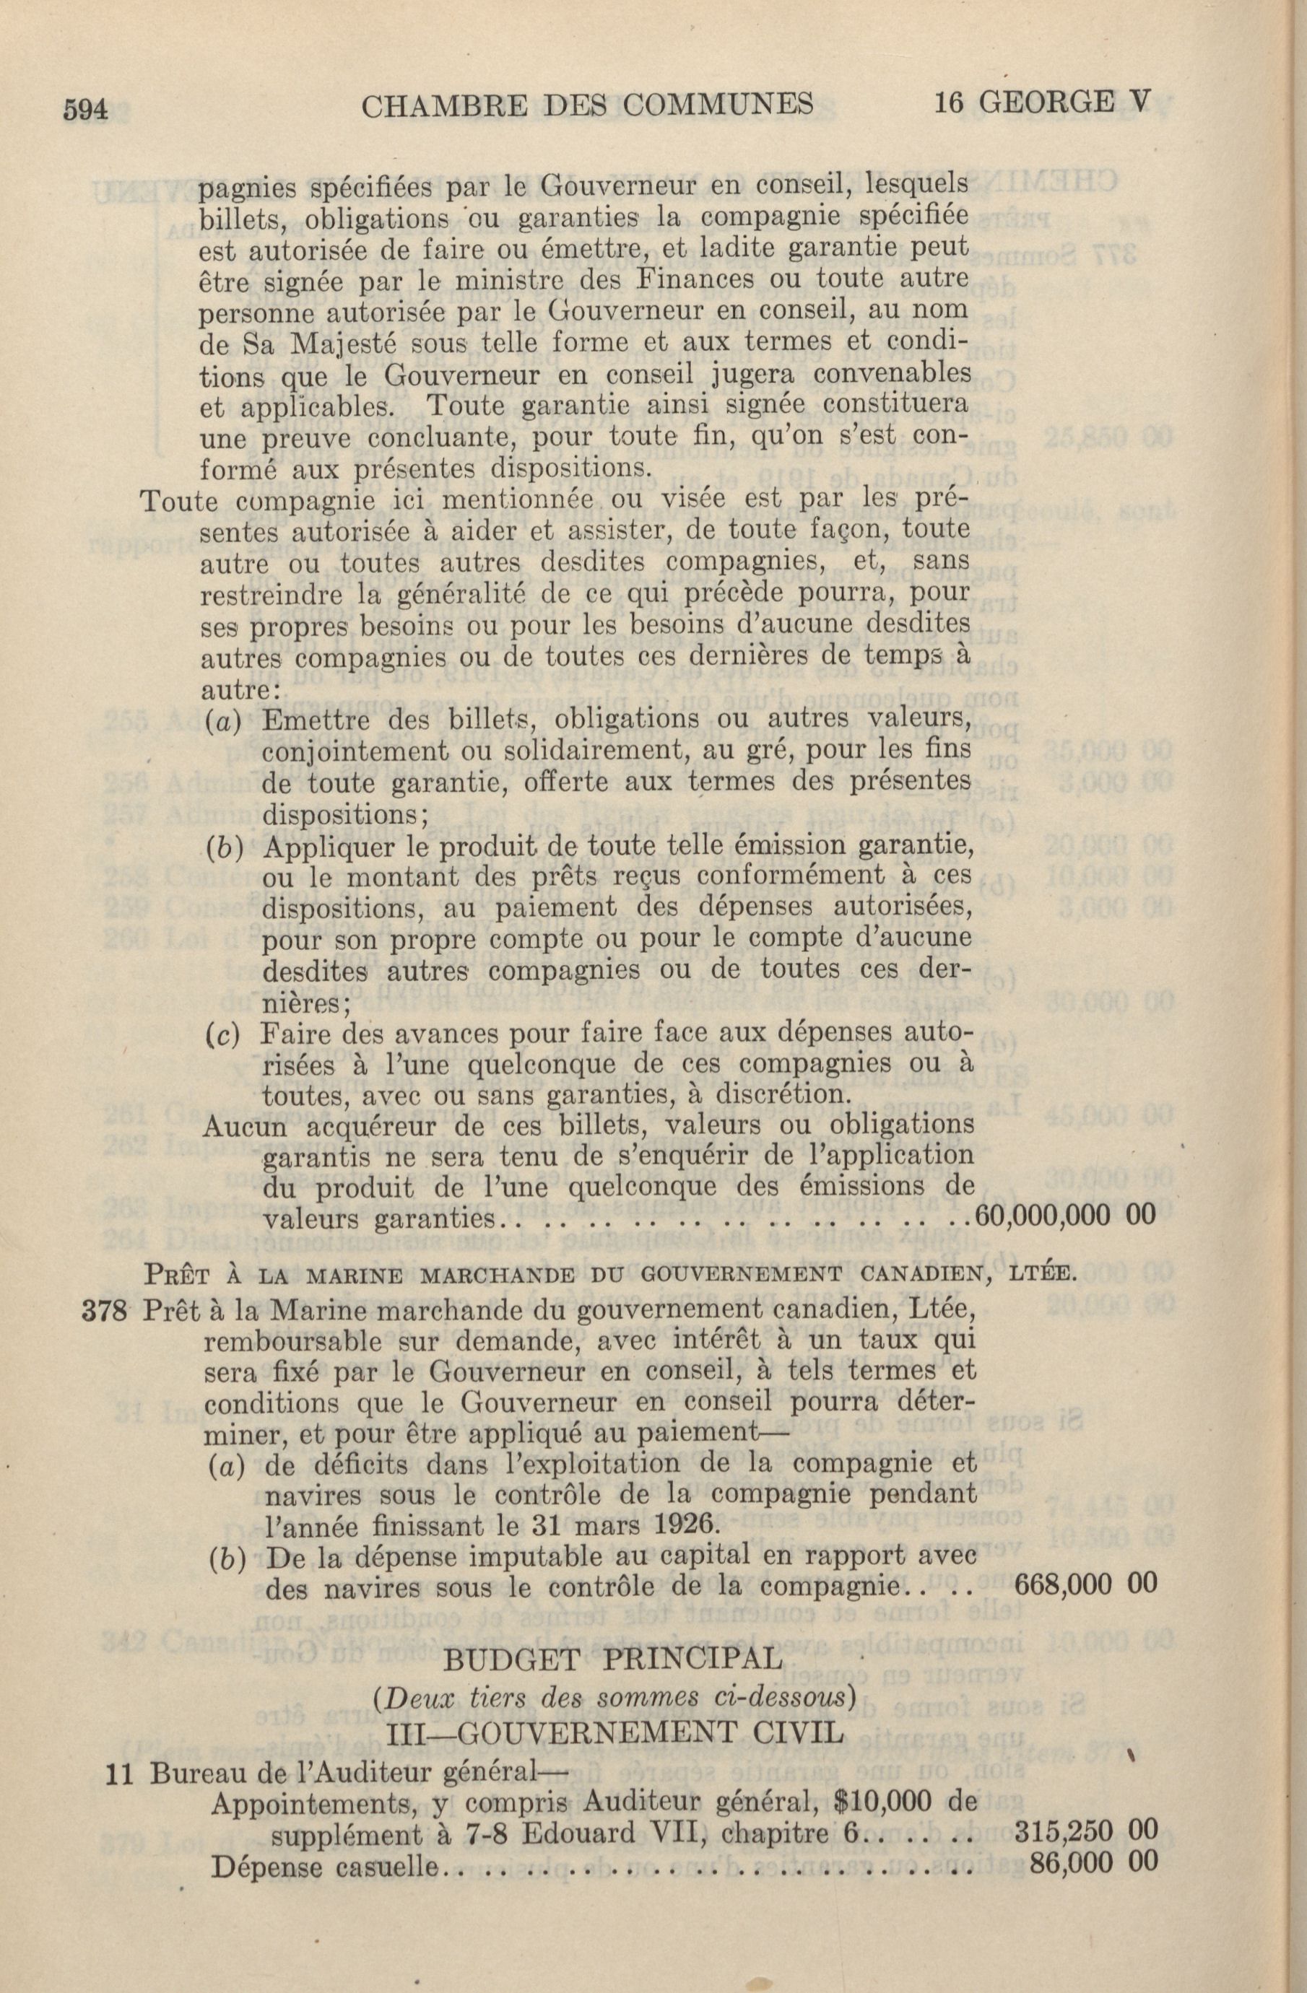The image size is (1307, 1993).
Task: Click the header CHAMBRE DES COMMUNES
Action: [586, 105]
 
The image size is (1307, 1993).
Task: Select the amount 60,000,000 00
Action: [1066, 1214]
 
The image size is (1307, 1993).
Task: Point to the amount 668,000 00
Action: [1085, 1584]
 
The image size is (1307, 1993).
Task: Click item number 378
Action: [105, 1312]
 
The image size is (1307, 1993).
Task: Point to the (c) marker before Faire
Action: [222, 1035]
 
